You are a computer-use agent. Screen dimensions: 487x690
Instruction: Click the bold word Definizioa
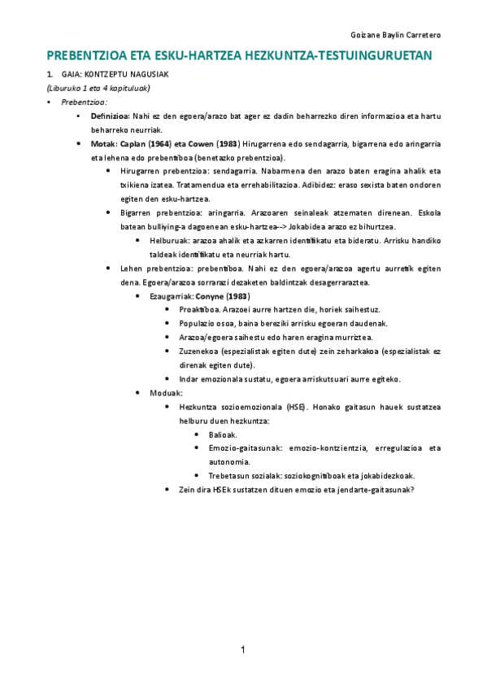click(110, 117)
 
